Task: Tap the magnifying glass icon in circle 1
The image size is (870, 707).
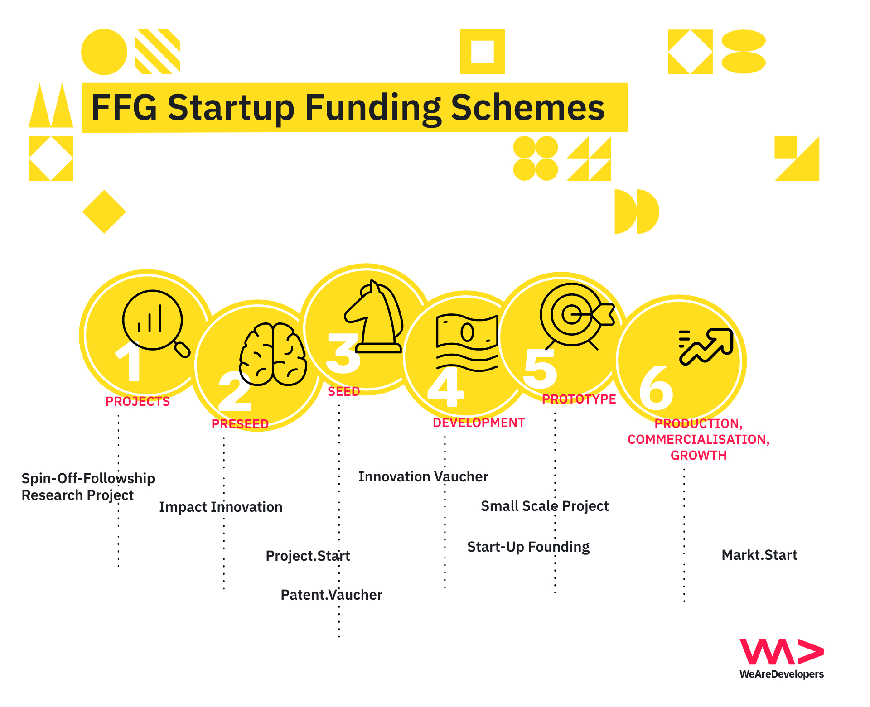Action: [156, 323]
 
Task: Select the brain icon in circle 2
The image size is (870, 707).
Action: [273, 354]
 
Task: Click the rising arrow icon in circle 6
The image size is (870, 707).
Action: [706, 346]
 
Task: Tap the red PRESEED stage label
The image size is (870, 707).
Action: [240, 424]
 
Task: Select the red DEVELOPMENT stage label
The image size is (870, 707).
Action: [478, 423]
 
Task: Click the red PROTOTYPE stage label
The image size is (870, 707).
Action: [579, 399]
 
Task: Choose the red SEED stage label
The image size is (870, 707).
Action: [344, 391]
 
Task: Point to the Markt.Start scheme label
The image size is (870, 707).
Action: [759, 555]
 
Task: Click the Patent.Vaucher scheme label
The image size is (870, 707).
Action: [332, 595]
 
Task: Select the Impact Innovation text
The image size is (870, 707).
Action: [221, 507]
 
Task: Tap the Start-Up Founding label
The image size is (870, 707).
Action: [528, 547]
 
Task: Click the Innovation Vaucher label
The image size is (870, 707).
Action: [423, 476]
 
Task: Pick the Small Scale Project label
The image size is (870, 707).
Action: [545, 506]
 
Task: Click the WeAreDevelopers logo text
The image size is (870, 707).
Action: [782, 674]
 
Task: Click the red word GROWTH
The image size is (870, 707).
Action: [698, 455]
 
